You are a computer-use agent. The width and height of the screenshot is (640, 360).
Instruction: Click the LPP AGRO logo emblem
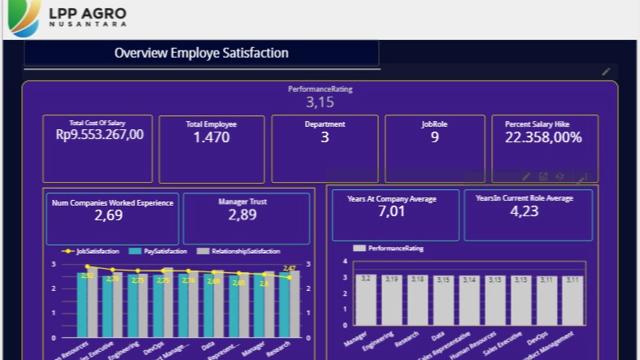[24, 18]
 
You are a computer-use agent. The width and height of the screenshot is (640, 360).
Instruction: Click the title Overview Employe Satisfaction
[201, 54]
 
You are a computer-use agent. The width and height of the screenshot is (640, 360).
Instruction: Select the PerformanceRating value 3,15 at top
[320, 102]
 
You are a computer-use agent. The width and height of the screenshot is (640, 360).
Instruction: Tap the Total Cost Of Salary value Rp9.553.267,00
[99, 135]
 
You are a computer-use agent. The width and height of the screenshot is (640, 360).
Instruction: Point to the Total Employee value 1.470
[211, 137]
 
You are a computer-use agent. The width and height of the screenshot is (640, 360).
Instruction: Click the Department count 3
[324, 137]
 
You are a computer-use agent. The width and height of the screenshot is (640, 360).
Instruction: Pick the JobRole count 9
[434, 137]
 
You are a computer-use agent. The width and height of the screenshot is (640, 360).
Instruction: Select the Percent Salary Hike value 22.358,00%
[543, 137]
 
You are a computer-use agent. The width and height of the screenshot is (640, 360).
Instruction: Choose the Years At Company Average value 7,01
[391, 211]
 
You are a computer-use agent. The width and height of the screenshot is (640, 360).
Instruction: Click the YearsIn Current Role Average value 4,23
[524, 211]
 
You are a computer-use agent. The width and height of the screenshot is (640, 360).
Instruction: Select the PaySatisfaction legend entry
[159, 251]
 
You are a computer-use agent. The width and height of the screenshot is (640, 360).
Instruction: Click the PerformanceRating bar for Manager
[366, 302]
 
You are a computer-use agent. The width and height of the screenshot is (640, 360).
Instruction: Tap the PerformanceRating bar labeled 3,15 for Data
[443, 303]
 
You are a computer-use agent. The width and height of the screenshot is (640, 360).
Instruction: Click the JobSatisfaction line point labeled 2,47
[289, 277]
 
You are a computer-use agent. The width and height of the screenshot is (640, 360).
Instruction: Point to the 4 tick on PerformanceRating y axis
[345, 262]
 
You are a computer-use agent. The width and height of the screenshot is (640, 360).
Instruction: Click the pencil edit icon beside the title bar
[606, 72]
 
